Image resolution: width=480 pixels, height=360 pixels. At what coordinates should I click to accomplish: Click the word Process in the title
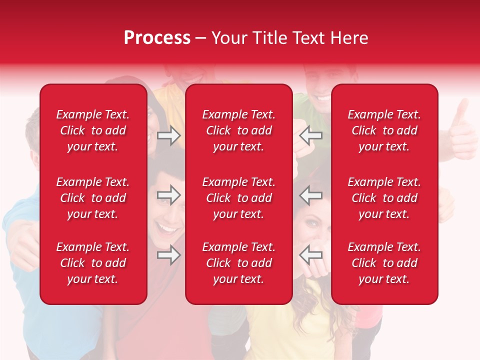(x=157, y=38)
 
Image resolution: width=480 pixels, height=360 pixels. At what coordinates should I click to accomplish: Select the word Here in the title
(x=348, y=38)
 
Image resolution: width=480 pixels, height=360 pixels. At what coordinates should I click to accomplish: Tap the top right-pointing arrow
(x=169, y=136)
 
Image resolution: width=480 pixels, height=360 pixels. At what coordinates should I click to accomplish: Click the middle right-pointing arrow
(x=169, y=195)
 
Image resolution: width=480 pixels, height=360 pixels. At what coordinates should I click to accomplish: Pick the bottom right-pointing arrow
(x=169, y=255)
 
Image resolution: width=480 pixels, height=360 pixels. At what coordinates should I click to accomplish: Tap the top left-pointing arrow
(x=310, y=135)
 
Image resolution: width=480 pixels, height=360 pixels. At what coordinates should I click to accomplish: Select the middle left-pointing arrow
(x=310, y=195)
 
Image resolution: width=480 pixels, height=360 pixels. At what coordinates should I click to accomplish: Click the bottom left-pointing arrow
(x=310, y=255)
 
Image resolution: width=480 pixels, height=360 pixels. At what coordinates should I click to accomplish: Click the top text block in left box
(x=93, y=130)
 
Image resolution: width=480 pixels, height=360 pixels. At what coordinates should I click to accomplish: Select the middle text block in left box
(x=93, y=198)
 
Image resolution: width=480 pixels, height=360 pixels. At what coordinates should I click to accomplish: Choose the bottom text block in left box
(x=93, y=263)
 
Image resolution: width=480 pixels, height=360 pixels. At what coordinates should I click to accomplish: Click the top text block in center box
(x=238, y=130)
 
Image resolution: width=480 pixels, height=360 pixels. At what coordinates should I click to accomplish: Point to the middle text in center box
(x=238, y=198)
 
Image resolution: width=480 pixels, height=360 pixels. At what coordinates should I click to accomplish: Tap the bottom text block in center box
(x=238, y=263)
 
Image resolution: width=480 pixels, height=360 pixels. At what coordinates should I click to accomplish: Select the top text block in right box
(x=384, y=130)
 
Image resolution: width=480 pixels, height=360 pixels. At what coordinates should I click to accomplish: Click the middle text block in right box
(x=384, y=198)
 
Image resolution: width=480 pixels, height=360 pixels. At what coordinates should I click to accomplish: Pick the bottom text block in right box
(x=384, y=263)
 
